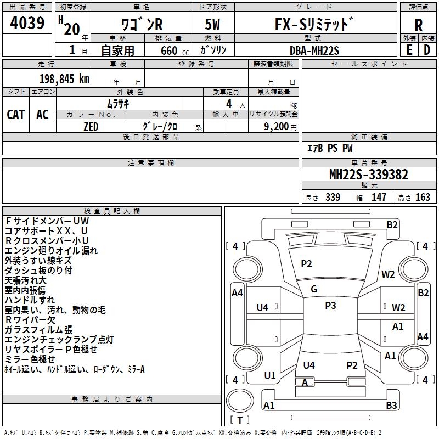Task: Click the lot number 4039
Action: [27, 23]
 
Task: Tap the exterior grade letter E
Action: [409, 49]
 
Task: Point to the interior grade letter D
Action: [427, 49]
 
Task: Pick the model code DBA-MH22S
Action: [314, 50]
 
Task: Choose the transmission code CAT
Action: [16, 114]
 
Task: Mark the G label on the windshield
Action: [314, 289]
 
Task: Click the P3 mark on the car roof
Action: [330, 306]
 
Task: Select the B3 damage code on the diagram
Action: [391, 406]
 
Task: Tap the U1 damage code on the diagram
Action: [270, 376]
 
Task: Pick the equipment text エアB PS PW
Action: [329, 148]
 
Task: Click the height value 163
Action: [423, 198]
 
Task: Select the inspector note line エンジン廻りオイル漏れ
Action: [51, 250]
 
